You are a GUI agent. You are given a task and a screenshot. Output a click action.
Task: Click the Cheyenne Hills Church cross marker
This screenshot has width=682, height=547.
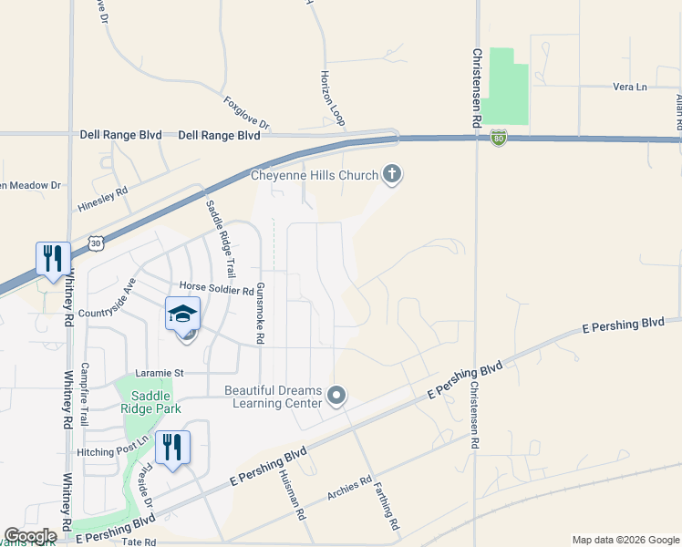click(392, 174)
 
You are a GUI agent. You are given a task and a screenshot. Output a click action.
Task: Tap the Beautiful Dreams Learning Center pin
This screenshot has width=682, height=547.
click(337, 396)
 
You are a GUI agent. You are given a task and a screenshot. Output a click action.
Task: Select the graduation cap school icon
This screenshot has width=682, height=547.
click(182, 315)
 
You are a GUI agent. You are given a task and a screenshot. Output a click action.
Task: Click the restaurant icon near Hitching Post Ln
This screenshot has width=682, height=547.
click(171, 448)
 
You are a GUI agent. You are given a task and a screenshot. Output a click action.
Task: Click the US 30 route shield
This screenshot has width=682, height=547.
click(97, 243)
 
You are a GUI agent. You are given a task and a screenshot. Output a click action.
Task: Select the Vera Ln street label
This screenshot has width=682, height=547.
click(629, 87)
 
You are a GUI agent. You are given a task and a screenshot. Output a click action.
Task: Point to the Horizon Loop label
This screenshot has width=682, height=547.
click(334, 98)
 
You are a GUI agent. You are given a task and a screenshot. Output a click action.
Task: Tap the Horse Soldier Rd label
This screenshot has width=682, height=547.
click(216, 291)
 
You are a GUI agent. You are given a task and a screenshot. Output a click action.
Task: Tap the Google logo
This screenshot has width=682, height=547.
click(30, 536)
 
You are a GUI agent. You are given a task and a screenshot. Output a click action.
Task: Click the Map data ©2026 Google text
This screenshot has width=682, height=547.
click(625, 540)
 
